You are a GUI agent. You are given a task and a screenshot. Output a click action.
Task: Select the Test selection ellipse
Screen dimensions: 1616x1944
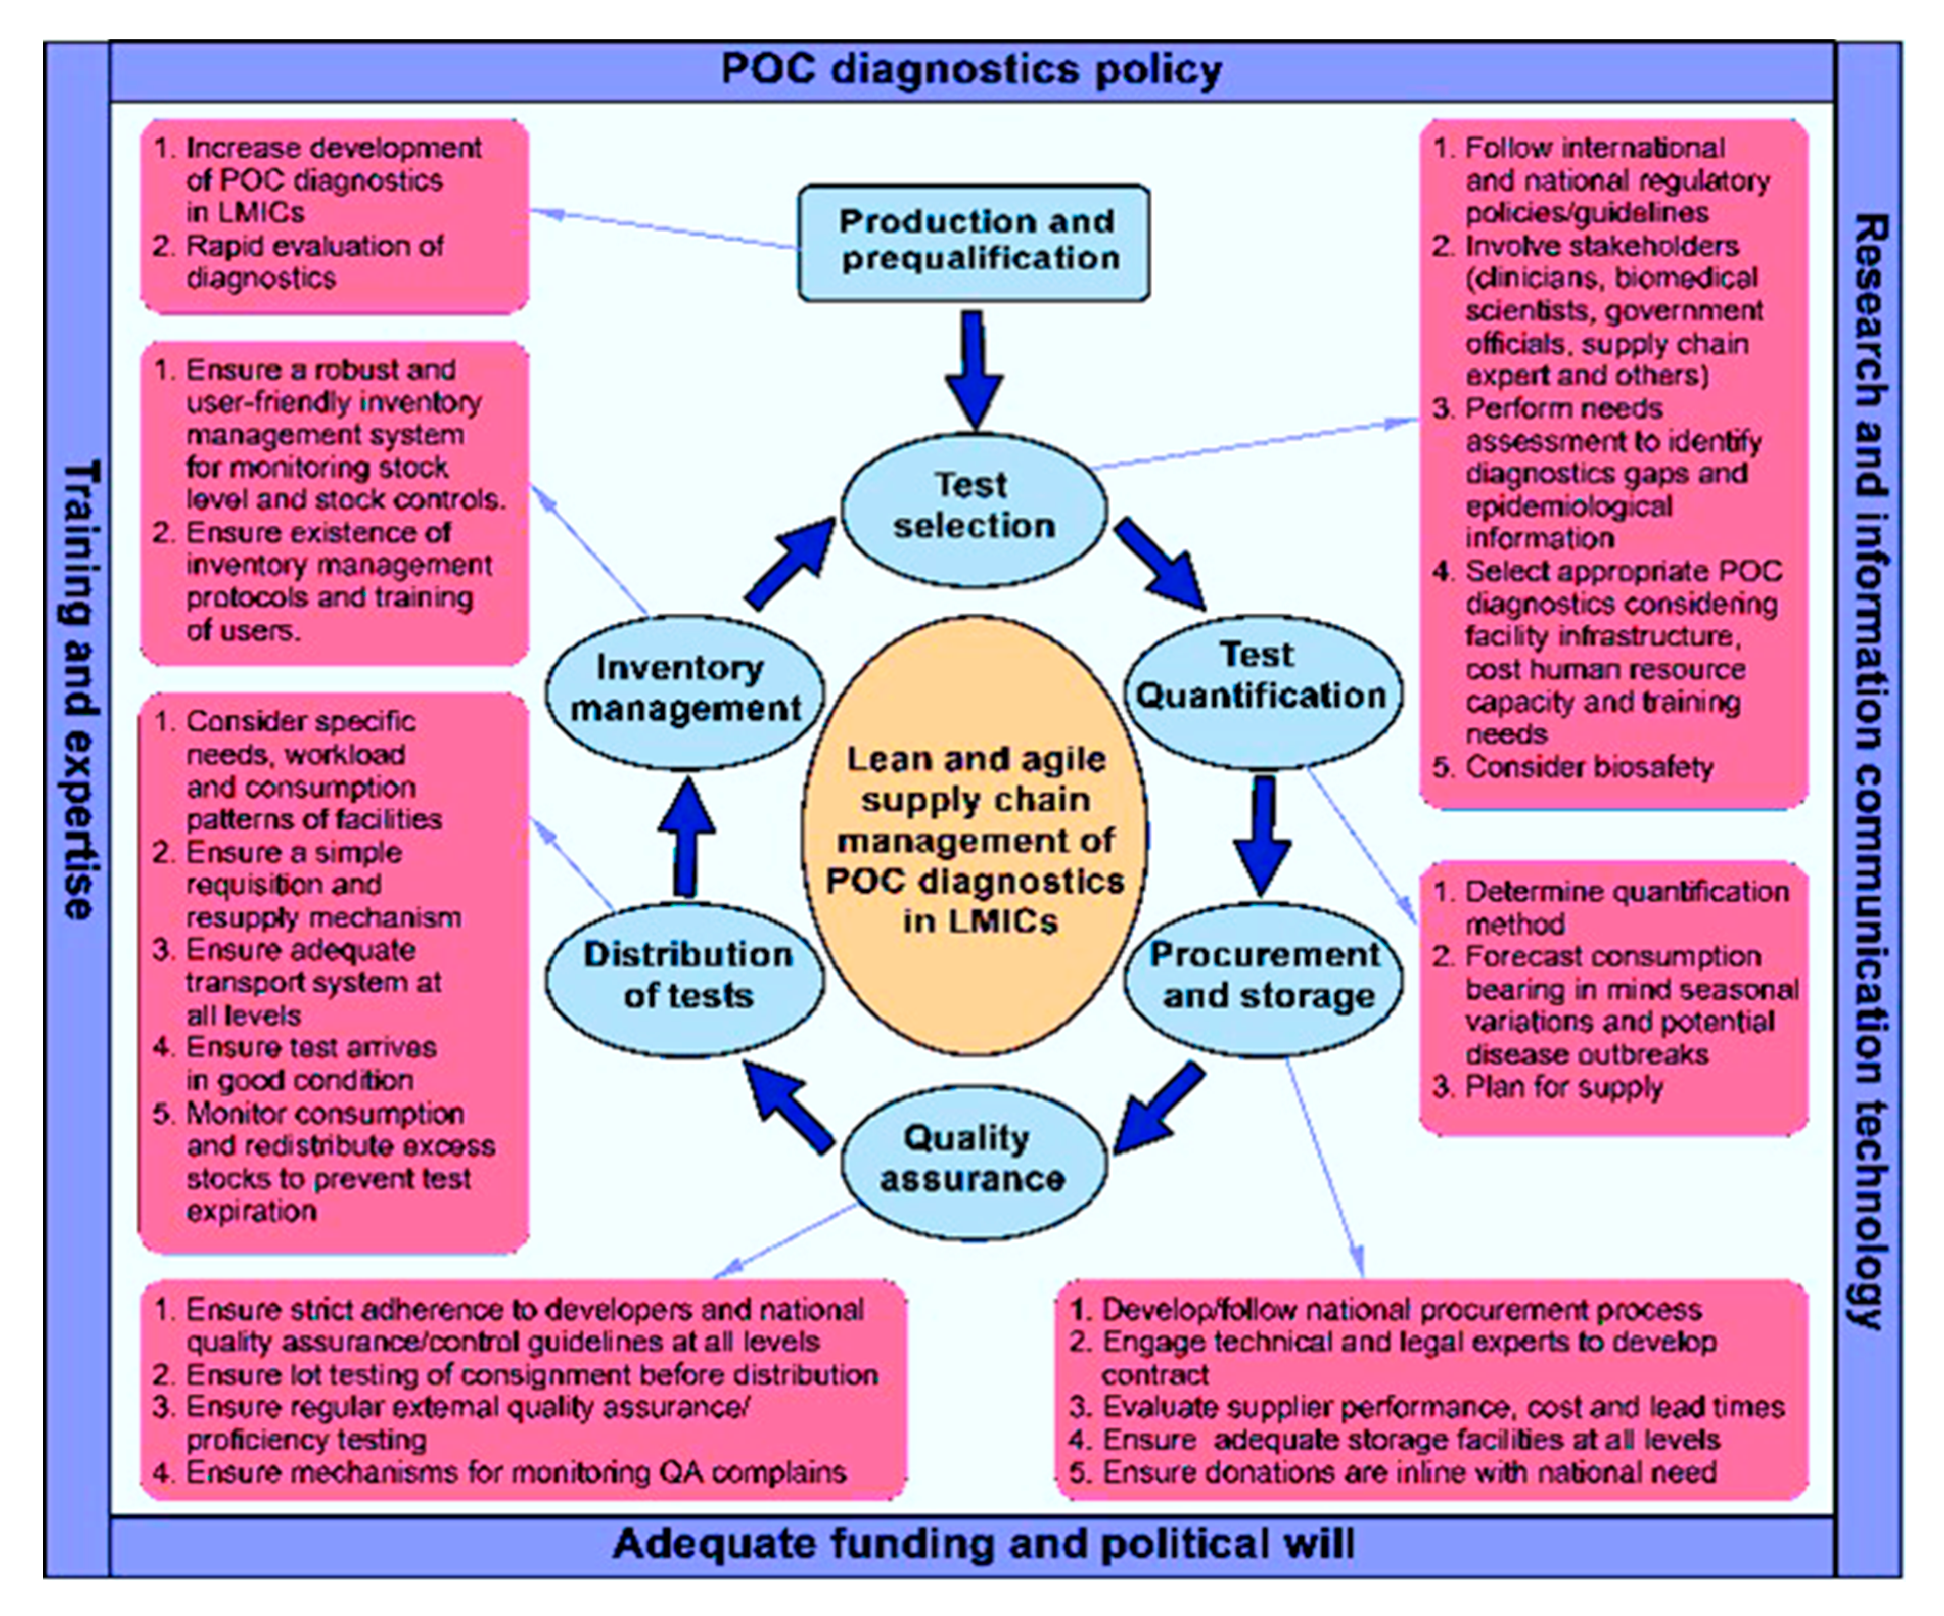[x=974, y=506]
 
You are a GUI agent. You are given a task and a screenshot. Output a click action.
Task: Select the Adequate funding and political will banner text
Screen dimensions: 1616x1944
[x=983, y=1544]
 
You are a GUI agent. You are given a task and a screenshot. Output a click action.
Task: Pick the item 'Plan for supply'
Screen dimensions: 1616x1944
[x=1564, y=1087]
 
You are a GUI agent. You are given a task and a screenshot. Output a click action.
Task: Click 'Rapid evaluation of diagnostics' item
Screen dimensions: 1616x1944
[x=315, y=262]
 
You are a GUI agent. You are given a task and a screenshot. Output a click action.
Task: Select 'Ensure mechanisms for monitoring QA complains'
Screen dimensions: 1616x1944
[x=516, y=1471]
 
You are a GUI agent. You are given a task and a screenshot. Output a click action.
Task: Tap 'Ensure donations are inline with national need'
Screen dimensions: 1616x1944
[x=1409, y=1471]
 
